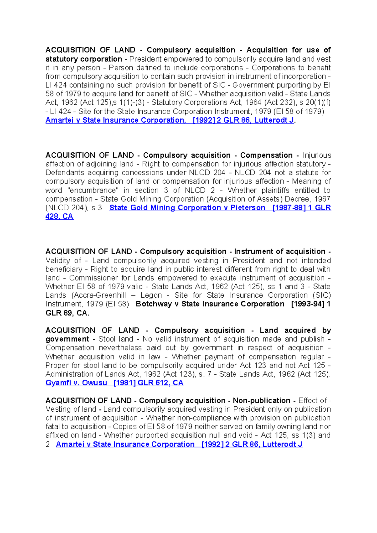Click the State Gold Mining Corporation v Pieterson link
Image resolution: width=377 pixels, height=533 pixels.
(x=187, y=208)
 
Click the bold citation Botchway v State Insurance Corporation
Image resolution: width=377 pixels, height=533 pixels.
(x=210, y=304)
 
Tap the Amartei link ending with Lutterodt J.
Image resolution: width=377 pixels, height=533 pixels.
(x=179, y=444)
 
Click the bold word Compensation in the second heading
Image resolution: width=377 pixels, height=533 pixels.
(x=266, y=155)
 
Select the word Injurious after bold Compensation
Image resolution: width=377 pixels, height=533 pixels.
(x=317, y=155)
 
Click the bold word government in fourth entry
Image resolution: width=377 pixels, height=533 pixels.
(x=67, y=339)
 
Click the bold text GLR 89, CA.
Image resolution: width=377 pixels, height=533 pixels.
(x=67, y=313)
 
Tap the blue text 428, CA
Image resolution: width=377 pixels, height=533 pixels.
(x=59, y=217)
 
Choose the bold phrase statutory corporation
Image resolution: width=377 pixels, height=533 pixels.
(x=84, y=59)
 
